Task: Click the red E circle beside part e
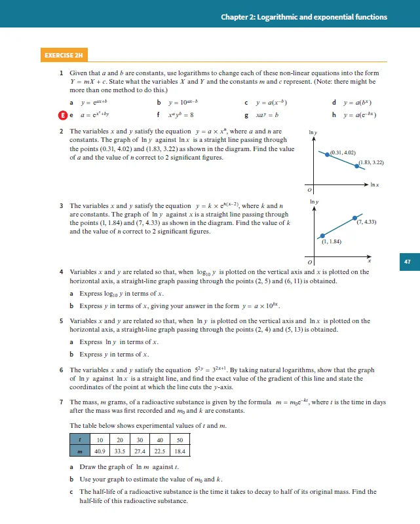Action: (x=62, y=114)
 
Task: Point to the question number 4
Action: (x=61, y=272)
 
